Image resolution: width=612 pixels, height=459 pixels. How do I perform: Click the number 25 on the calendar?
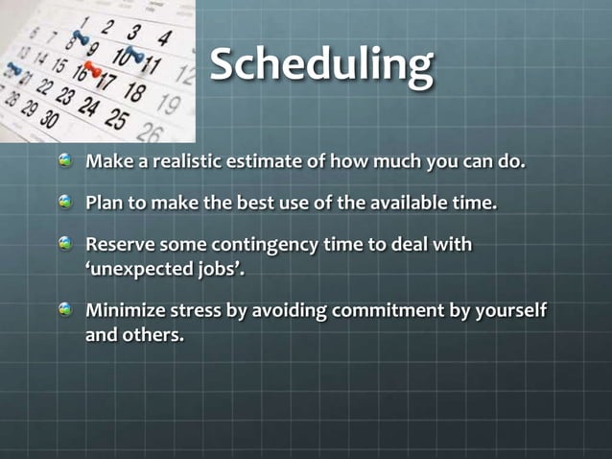tap(115, 121)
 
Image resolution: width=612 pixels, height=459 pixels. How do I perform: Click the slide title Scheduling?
tap(321, 64)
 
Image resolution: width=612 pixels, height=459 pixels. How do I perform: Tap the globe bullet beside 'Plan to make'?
tap(65, 204)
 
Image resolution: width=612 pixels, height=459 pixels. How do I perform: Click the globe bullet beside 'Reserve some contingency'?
tap(65, 245)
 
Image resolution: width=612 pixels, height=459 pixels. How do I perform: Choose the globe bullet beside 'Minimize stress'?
tap(65, 310)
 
